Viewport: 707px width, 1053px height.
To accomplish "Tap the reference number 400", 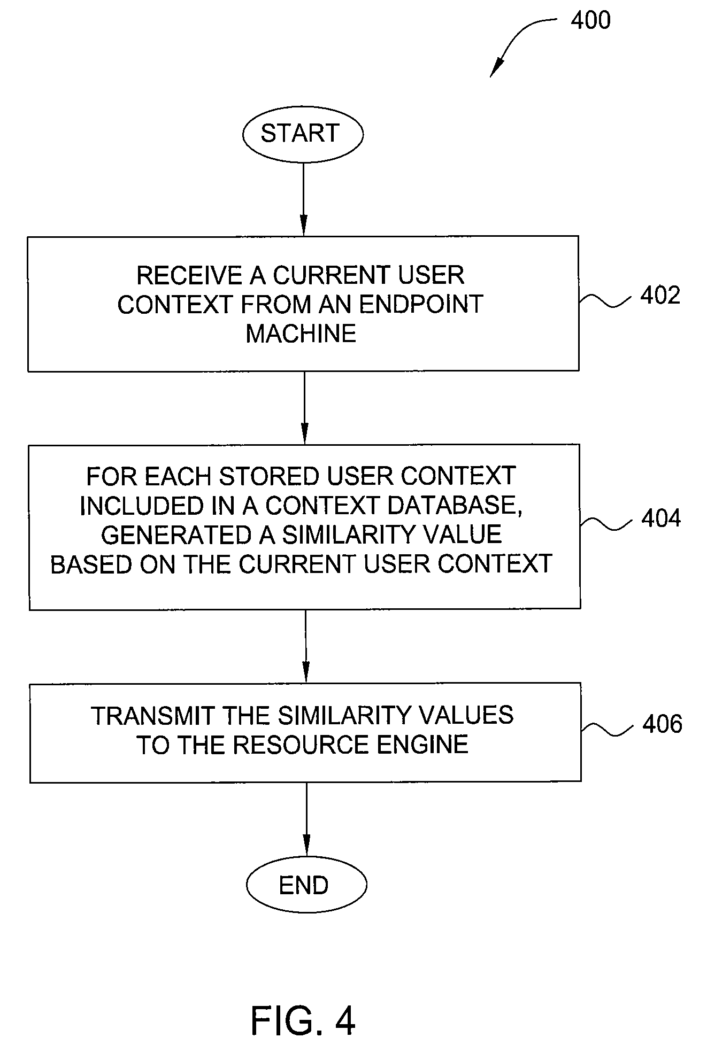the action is [x=590, y=20].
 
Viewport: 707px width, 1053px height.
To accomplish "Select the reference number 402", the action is [x=660, y=296].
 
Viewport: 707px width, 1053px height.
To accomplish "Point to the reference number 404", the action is [x=661, y=518].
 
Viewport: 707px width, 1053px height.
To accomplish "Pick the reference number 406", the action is [x=662, y=724].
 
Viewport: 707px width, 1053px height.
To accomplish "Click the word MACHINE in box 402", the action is [x=301, y=334].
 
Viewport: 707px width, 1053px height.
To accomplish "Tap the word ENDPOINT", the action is [x=421, y=304].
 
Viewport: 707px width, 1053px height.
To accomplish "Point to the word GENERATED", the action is [x=183, y=535].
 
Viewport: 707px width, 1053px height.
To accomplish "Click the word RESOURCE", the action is [x=301, y=745].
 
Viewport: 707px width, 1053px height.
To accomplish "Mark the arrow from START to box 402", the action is [x=303, y=199].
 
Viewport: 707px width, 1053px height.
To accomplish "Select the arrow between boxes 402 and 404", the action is [x=304, y=408].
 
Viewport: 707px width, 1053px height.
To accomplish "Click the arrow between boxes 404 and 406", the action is [x=305, y=646].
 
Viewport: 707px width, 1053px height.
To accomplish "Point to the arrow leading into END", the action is [x=306, y=820].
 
